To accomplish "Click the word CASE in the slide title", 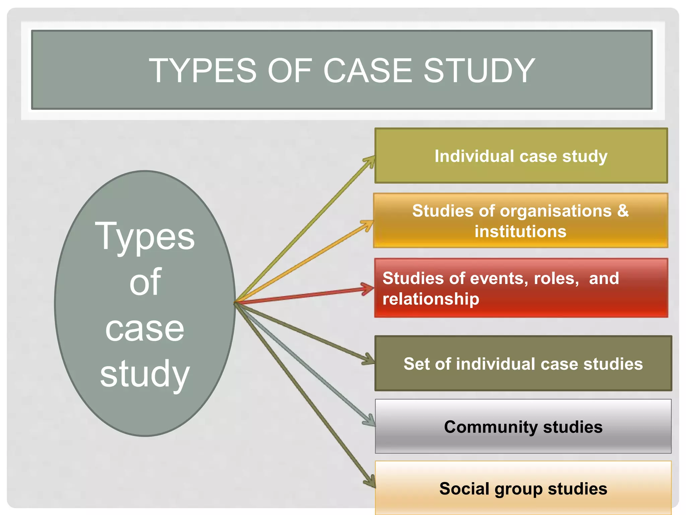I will [x=367, y=71].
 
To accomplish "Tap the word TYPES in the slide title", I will [x=202, y=71].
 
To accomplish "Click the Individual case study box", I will [x=521, y=156].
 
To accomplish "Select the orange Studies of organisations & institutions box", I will [x=521, y=221].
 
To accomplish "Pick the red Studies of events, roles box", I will [x=521, y=288].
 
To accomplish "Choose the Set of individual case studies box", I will [x=523, y=364].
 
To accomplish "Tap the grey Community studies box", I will [x=523, y=427].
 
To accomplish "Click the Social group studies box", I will [x=523, y=489].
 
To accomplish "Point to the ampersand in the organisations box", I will [x=623, y=211].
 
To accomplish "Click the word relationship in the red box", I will [x=431, y=299].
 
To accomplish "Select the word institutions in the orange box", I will [x=521, y=231].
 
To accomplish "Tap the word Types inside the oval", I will [x=145, y=237].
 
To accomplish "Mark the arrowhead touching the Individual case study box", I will [x=370, y=160].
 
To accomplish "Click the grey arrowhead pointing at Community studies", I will [x=370, y=421].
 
